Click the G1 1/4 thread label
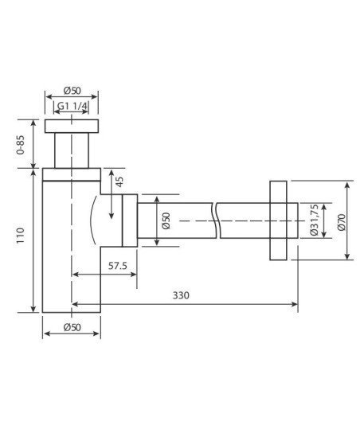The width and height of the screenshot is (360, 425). pos(72,106)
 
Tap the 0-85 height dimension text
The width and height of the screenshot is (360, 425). pos(21,145)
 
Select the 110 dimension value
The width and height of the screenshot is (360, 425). pos(21,236)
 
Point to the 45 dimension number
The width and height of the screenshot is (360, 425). pos(119,181)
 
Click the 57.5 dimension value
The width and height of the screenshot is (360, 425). pos(118,266)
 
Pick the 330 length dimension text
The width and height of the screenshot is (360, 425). pos(181,295)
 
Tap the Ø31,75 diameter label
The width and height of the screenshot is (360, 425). pos(314,220)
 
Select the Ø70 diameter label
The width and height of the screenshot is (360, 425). pos(342,222)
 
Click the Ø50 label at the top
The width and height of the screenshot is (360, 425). pos(72,91)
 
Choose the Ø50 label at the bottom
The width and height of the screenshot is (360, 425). pos(72,327)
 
